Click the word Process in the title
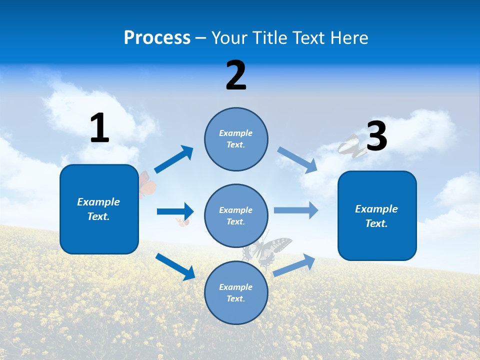157,38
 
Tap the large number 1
99,128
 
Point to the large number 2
236,75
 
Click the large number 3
376,136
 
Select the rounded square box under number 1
99,209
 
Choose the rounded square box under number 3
377,216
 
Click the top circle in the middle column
236,138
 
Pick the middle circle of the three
236,215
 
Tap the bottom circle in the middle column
236,292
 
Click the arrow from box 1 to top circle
173,159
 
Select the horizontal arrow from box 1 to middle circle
175,211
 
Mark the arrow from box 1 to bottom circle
175,266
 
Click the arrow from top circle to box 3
297,160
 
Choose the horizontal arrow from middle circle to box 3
296,210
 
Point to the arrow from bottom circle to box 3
294,265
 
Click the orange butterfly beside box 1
147,185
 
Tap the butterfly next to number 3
351,146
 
